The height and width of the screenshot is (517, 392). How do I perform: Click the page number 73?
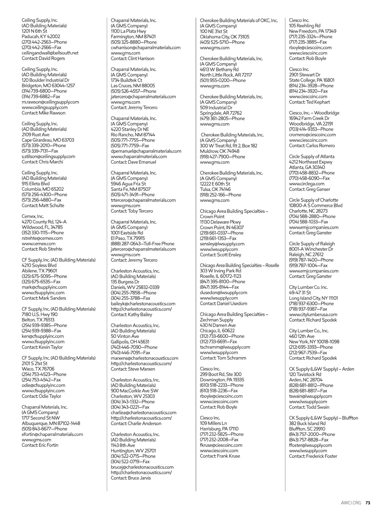[367, 503]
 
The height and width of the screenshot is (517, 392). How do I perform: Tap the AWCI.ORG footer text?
[351, 503]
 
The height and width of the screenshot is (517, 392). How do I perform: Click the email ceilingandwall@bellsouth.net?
[50, 53]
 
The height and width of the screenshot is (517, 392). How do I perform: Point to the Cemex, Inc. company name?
[33, 216]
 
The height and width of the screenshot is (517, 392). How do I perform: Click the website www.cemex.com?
[38, 244]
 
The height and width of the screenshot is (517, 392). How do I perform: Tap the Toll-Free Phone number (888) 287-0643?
[127, 244]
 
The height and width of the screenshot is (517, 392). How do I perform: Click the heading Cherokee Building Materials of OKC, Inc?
[238, 20]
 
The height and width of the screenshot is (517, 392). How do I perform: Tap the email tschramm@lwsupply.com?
[225, 347]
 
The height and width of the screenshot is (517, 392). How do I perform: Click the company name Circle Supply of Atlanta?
[311, 157]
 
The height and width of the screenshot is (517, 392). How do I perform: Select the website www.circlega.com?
[306, 184]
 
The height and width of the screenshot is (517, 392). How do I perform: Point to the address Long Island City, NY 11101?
[313, 298]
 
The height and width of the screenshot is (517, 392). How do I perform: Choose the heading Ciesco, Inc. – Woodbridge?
[314, 113]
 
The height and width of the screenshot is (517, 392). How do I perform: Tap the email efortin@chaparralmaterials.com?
[52, 434]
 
